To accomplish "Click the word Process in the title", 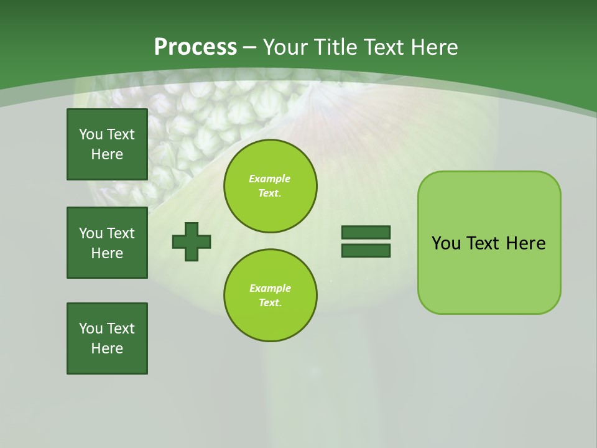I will pos(195,47).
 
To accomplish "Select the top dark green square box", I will pos(107,144).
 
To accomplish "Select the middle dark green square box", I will pos(107,243).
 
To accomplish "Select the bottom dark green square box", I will pos(107,338).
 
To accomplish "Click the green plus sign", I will pos(192,241).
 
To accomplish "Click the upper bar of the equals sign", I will pos(366,232).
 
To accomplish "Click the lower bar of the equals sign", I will pos(366,251).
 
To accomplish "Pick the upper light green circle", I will pos(270,185).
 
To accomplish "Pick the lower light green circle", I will pos(270,295).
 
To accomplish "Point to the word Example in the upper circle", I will pos(269,179).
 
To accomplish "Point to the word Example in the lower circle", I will pos(270,288).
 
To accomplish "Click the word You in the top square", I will pos(91,134).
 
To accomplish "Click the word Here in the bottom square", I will pos(107,348).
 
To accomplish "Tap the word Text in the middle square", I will pos(121,233).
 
